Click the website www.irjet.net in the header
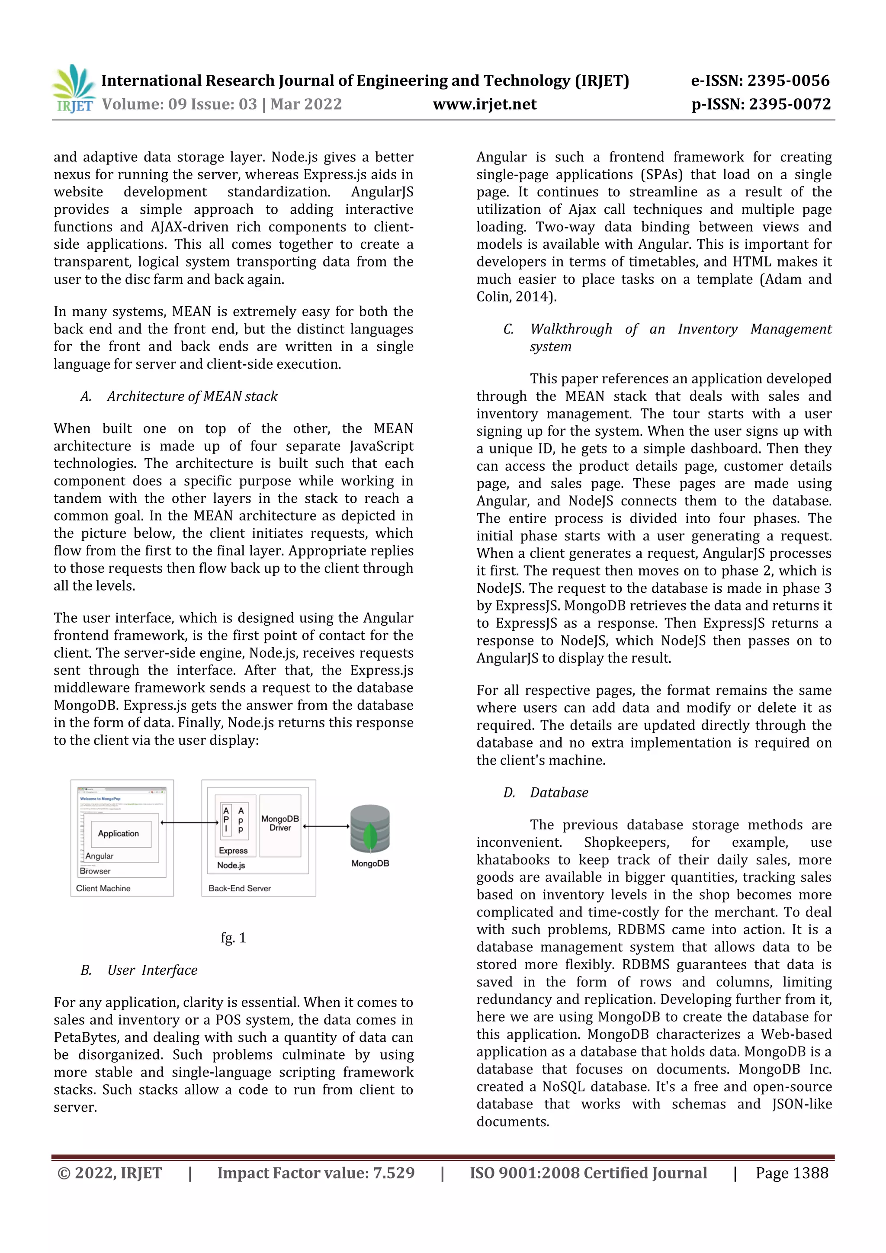[x=485, y=104]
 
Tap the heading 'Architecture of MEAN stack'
[x=192, y=396]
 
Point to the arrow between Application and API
[x=189, y=822]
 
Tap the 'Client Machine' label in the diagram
[x=103, y=888]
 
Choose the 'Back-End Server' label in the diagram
[x=240, y=888]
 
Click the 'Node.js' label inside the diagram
[x=231, y=865]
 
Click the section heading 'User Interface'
[x=152, y=970]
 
